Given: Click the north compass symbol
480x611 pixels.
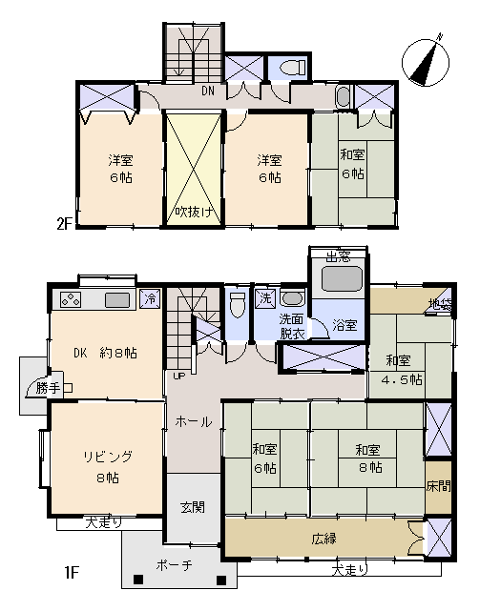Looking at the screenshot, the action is pos(426,62).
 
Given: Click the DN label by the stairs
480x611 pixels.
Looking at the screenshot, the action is pos(208,92).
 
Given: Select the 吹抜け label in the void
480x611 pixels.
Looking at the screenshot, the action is pos(193,212).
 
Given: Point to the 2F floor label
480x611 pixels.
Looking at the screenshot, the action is pos(65,224).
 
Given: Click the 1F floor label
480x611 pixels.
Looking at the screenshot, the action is pos(72,573).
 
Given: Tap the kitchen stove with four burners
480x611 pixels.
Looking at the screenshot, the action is pos(71,300).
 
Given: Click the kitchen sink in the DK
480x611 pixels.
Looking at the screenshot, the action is pos(117,300).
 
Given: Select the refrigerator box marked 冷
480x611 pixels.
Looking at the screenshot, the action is pos(150,299).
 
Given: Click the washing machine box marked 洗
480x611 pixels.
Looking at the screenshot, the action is pos(265,298).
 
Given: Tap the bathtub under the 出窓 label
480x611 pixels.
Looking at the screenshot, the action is pos(342,278).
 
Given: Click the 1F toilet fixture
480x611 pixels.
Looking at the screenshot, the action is pos(238,304).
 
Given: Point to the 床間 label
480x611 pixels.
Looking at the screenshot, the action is pos(438,486).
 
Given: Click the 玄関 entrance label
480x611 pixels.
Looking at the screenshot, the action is pos(193,507).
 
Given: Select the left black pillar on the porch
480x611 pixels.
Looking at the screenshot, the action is pos(137,580).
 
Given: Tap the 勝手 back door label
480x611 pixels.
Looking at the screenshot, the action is pos(49,388).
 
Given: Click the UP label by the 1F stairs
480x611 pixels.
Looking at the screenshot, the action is pos(179,376).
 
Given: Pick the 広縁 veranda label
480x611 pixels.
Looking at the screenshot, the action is pos(323,539).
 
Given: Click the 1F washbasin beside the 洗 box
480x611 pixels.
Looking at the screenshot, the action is pos(291,298).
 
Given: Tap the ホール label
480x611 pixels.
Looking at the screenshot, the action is pos(194,421).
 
